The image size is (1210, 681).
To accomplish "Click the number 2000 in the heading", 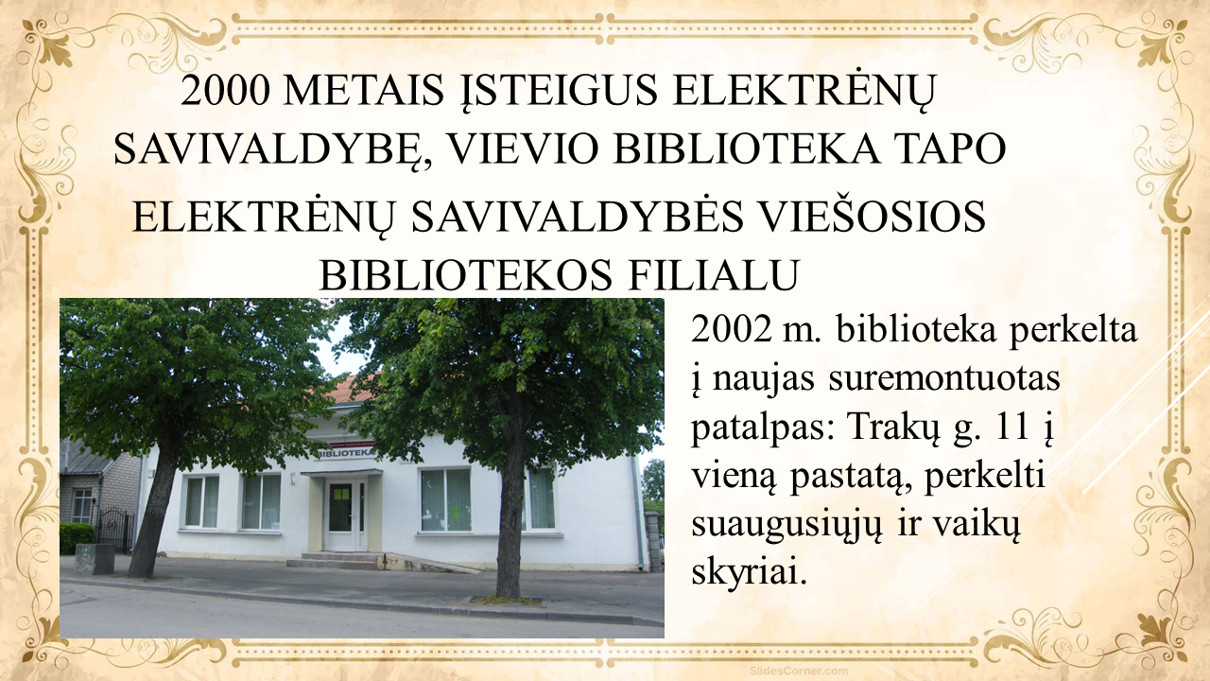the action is click(225, 90).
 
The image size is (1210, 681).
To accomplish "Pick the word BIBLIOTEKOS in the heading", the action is click(466, 275).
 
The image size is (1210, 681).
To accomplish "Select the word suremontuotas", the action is click(944, 378).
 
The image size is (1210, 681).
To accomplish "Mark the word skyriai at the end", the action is click(749, 574).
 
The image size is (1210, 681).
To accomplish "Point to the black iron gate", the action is click(114, 529).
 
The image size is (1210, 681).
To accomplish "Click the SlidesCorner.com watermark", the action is click(799, 671).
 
